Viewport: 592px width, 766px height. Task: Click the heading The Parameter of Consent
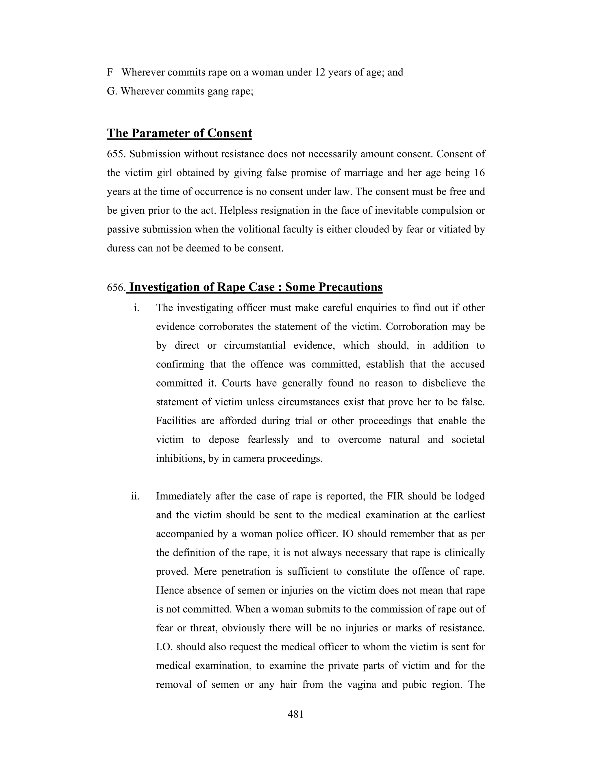tap(179, 133)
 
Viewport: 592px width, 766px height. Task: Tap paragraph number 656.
tap(116, 288)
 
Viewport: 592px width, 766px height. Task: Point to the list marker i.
tap(137, 308)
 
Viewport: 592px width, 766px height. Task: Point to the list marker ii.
tap(135, 496)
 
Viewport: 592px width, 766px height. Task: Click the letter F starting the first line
tap(110, 72)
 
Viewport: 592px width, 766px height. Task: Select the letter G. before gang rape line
tap(112, 91)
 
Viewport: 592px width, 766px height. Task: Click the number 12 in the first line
tap(320, 72)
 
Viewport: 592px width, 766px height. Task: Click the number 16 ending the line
tap(479, 173)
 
